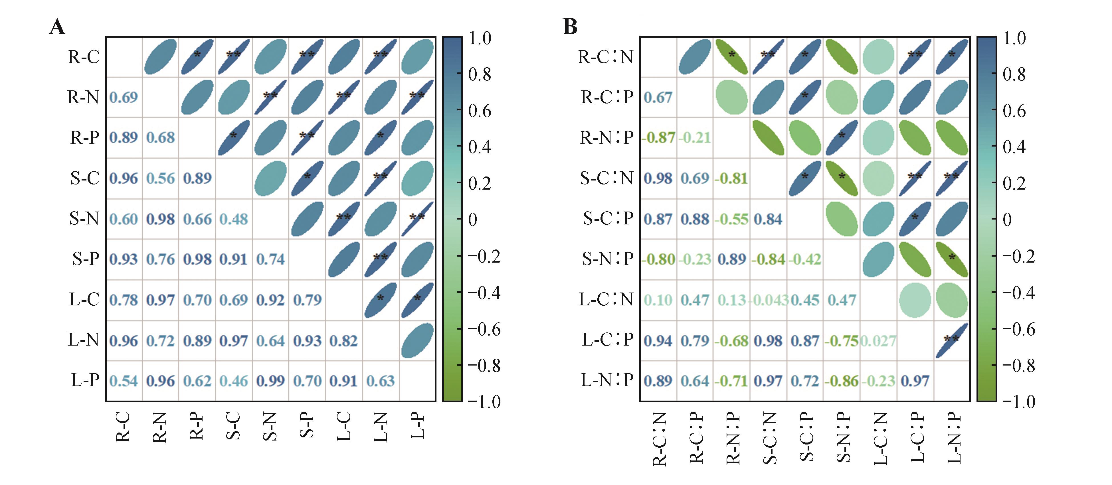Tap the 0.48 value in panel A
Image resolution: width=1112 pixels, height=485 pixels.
pyautogui.click(x=234, y=219)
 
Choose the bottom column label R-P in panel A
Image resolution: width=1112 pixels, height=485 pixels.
pyautogui.click(x=197, y=426)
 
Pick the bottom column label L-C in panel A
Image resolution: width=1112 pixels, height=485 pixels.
pyautogui.click(x=344, y=426)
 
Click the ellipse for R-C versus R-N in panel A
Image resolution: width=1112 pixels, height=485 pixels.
pyautogui.click(x=160, y=56)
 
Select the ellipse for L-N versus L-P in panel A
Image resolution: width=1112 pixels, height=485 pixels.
pyautogui.click(x=417, y=340)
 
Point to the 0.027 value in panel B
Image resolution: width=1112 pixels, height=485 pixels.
pyautogui.click(x=878, y=341)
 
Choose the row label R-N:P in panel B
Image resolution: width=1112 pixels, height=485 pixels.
pyautogui.click(x=606, y=138)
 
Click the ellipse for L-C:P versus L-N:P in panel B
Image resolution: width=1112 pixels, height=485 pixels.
pyautogui.click(x=952, y=340)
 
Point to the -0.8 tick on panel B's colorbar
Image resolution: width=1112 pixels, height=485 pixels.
pyautogui.click(x=1018, y=366)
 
